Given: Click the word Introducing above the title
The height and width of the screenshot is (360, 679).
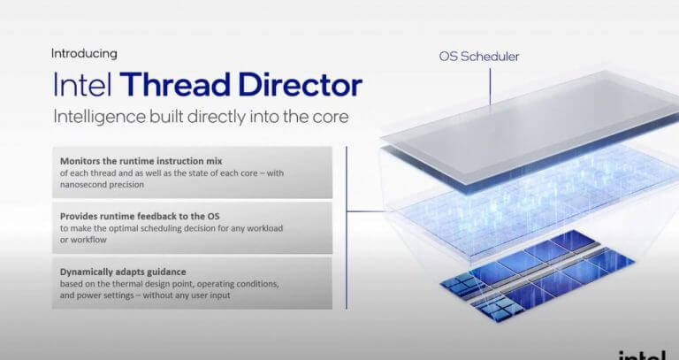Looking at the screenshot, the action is [84, 54].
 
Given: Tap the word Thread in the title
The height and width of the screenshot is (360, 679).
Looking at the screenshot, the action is [175, 85].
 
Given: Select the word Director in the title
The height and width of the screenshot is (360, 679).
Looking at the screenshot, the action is [300, 85].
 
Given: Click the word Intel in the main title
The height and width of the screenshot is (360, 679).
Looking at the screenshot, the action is [82, 85].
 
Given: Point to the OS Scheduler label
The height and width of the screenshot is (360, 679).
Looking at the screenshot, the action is [479, 57].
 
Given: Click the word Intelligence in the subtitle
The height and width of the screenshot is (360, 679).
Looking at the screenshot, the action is [99, 117].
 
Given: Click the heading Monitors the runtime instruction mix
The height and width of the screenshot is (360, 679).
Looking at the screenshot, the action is [141, 161].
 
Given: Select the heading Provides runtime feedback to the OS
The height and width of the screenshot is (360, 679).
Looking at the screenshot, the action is [140, 216].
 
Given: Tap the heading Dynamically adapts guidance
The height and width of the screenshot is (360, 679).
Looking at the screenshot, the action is [123, 272].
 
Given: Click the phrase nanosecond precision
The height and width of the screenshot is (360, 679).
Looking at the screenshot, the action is [102, 185].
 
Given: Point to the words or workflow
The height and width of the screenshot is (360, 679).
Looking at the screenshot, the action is [83, 240].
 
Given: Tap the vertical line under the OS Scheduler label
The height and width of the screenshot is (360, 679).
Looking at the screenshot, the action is [490, 87].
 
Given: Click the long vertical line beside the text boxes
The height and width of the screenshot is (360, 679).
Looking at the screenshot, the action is [347, 228].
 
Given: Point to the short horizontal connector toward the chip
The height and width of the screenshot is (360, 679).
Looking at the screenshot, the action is [366, 211].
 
